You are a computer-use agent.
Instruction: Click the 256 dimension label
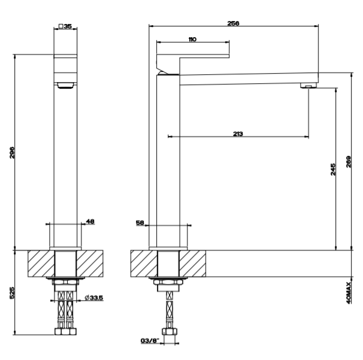pyautogui.click(x=233, y=23)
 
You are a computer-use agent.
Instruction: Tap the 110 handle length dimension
pyautogui.click(x=192, y=40)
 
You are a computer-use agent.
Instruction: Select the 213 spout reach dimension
pyautogui.click(x=238, y=134)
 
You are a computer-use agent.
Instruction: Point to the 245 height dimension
pyautogui.click(x=332, y=170)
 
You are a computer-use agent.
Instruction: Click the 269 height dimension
pyautogui.click(x=349, y=162)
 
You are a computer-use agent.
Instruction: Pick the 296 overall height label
pyautogui.click(x=12, y=153)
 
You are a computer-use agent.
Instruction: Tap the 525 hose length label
pyautogui.click(x=12, y=293)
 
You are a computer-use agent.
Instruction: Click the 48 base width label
pyautogui.click(x=90, y=221)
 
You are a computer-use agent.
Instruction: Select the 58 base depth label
pyautogui.click(x=140, y=222)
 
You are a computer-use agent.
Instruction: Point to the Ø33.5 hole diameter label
pyautogui.click(x=94, y=298)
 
